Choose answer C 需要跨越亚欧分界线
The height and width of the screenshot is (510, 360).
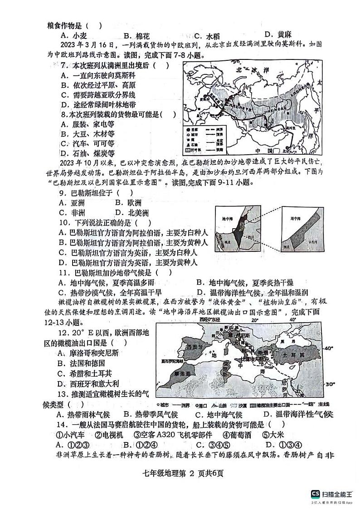point(98,95)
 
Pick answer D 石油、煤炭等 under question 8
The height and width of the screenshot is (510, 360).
point(88,153)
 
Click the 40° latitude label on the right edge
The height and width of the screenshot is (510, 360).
point(328,348)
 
